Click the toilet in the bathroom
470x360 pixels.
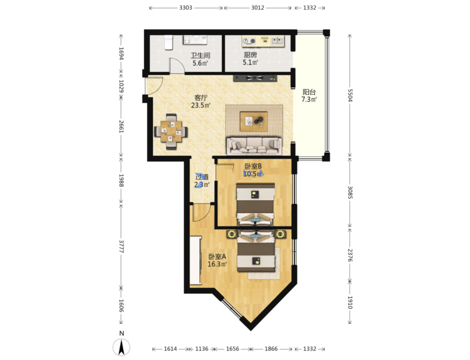[169, 42]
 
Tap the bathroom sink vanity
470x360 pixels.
[195, 40]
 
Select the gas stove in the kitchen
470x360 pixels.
[250, 41]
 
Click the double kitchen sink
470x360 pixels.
[277, 41]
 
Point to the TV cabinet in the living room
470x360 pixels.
[255, 78]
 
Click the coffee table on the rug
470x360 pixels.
[254, 121]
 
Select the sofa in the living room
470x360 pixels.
[254, 146]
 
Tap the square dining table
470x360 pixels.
[171, 132]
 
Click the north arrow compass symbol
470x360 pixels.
[121, 347]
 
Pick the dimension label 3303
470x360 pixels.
[185, 8]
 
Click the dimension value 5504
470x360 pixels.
[349, 95]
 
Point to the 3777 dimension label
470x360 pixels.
[121, 247]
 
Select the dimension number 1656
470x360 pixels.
[232, 349]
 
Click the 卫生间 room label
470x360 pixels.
[200, 56]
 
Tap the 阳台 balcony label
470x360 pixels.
[309, 92]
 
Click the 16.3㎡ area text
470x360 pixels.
[217, 264]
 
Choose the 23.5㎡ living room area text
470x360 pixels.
[200, 105]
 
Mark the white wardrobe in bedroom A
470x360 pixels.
[196, 260]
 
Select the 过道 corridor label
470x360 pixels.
[202, 177]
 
